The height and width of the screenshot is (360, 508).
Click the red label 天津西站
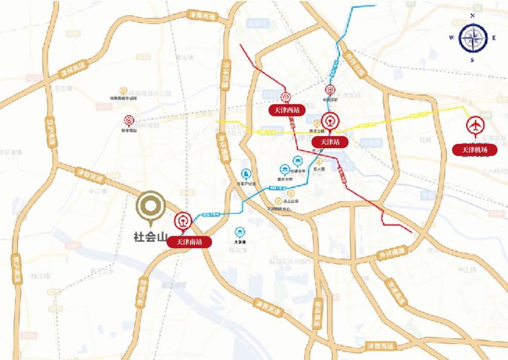287,110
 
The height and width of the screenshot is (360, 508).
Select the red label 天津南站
190,242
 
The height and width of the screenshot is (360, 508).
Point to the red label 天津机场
474,150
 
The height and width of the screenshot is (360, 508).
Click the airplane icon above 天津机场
474,126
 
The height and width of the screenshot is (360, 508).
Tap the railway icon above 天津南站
182,221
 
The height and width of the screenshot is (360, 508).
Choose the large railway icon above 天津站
329,122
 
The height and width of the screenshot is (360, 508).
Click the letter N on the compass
472,16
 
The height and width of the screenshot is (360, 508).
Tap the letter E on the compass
494,38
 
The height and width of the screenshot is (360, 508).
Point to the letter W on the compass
451,38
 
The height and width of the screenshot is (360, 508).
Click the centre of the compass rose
473,38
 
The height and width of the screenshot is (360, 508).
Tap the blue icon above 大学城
240,231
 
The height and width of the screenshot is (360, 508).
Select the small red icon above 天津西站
286,97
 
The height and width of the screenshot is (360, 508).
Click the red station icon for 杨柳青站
128,120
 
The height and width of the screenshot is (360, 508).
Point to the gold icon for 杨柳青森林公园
123,90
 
